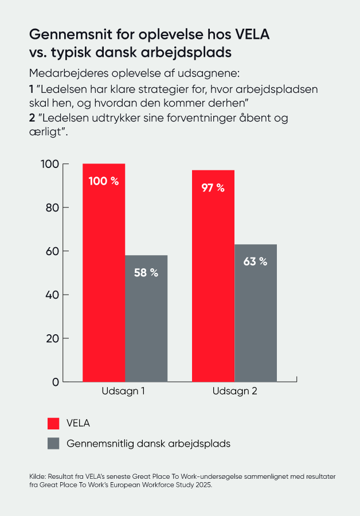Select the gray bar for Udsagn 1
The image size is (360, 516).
coord(146,327)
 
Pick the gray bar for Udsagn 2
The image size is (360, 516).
coord(256,321)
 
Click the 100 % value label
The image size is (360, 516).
coord(104,181)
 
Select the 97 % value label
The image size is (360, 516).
coord(213,187)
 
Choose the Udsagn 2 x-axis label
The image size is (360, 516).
coord(235,392)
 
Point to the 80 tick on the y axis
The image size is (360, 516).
coord(51,208)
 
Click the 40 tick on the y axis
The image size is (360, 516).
coord(51,295)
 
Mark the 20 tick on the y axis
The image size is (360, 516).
coord(51,338)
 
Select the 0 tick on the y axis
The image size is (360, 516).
coord(56,382)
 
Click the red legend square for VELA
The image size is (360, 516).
coord(53,424)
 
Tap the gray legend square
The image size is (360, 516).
coord(53,444)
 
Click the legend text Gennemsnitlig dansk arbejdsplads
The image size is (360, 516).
coord(148,444)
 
